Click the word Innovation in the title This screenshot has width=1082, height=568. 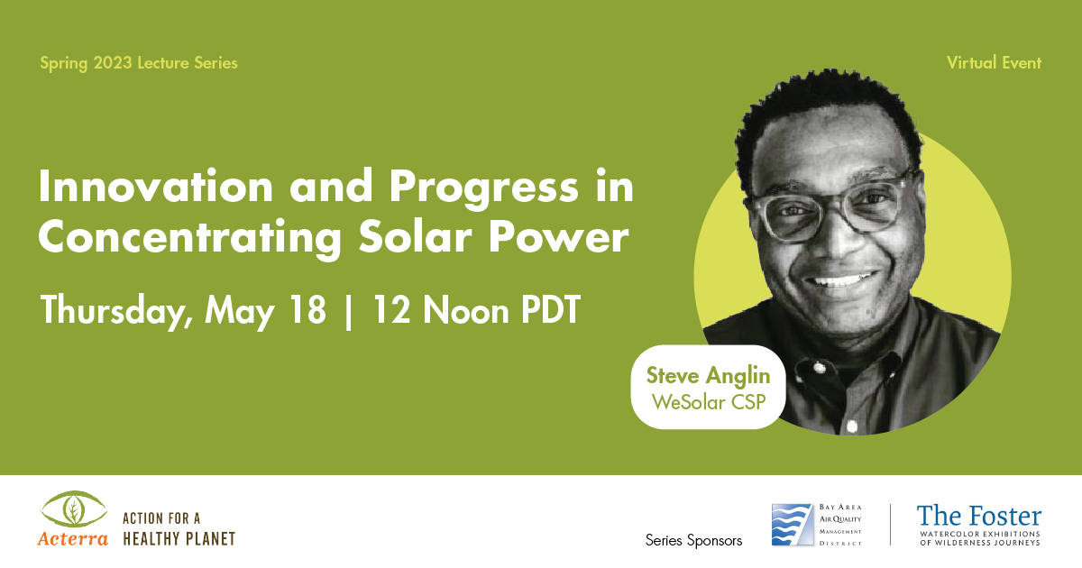coord(156,186)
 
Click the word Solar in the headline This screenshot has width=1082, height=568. coord(415,235)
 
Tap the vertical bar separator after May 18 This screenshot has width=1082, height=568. coord(348,312)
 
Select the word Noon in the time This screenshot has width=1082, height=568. coord(466,309)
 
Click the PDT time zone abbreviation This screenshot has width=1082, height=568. coord(551,309)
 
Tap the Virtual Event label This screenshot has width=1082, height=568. coord(994,63)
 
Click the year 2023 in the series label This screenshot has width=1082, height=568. coord(113,63)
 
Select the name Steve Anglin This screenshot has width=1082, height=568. coord(708,376)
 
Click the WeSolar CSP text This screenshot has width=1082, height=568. coord(709,402)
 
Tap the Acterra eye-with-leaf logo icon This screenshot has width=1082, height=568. coord(73,509)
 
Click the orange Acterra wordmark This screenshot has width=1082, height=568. coord(73,538)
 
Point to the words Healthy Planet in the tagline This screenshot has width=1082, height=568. coord(179,538)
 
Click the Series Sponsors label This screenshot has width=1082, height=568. coord(693,540)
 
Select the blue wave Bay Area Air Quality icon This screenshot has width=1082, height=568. coord(793,525)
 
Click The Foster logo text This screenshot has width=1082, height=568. coord(979,516)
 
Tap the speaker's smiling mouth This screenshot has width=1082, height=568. coord(842,280)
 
